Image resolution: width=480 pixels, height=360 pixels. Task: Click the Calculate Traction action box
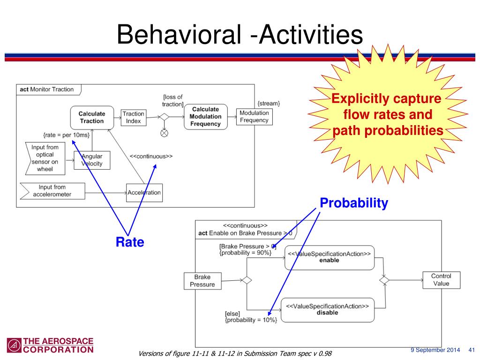(x=91, y=117)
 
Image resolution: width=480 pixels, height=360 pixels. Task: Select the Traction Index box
(x=133, y=117)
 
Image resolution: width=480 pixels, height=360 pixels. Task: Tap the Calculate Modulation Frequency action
(x=205, y=117)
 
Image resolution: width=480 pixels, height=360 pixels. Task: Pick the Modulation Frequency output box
(x=254, y=117)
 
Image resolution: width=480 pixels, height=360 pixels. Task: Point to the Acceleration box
(x=144, y=193)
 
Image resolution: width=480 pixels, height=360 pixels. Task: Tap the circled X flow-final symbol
(x=165, y=133)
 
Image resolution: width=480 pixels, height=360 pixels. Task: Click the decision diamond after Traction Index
(x=165, y=117)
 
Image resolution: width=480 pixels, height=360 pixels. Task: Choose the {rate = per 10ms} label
(x=66, y=135)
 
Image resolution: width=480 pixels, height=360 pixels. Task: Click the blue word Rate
(x=130, y=242)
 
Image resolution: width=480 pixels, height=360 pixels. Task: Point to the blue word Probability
(x=354, y=203)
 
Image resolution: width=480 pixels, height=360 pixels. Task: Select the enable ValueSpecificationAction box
(x=330, y=257)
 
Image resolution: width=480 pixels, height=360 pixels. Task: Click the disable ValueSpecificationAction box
(x=328, y=309)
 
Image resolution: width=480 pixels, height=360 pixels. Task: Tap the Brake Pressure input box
(x=202, y=281)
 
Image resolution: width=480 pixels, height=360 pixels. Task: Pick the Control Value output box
(x=441, y=280)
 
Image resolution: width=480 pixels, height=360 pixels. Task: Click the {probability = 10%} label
(x=251, y=320)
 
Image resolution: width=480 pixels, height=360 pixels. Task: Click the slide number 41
(x=472, y=350)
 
